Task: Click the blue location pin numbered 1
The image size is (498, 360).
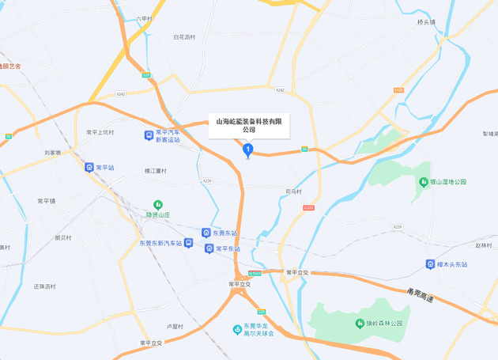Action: (248, 149)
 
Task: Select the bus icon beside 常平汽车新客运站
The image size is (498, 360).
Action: (149, 135)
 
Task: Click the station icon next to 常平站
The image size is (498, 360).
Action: (89, 168)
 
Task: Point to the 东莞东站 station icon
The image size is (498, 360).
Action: (206, 233)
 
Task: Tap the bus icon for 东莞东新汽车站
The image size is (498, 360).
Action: (188, 243)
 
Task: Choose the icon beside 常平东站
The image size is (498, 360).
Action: (209, 248)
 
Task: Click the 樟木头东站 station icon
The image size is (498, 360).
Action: (428, 264)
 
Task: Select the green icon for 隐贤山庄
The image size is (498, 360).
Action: (157, 206)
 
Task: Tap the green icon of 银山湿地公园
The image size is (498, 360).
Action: (423, 181)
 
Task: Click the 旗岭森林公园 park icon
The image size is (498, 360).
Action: (357, 324)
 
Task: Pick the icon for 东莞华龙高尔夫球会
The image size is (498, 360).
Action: (236, 329)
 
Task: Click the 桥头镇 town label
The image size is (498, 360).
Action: (427, 22)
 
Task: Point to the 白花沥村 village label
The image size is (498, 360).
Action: (183, 37)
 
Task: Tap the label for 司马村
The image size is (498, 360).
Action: (293, 191)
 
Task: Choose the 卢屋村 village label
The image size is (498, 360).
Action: (174, 326)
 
